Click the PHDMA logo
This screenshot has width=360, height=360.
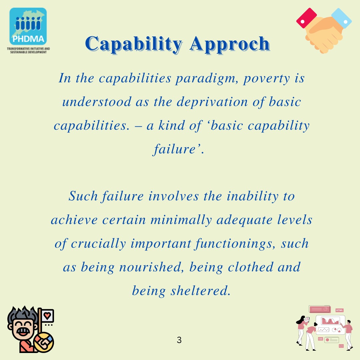click(x=28, y=27)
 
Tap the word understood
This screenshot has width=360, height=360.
click(x=97, y=102)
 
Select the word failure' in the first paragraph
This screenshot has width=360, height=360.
click(x=179, y=149)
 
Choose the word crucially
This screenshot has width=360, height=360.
click(x=98, y=244)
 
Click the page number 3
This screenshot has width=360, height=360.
click(x=179, y=340)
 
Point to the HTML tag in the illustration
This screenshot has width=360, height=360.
click(x=339, y=310)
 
